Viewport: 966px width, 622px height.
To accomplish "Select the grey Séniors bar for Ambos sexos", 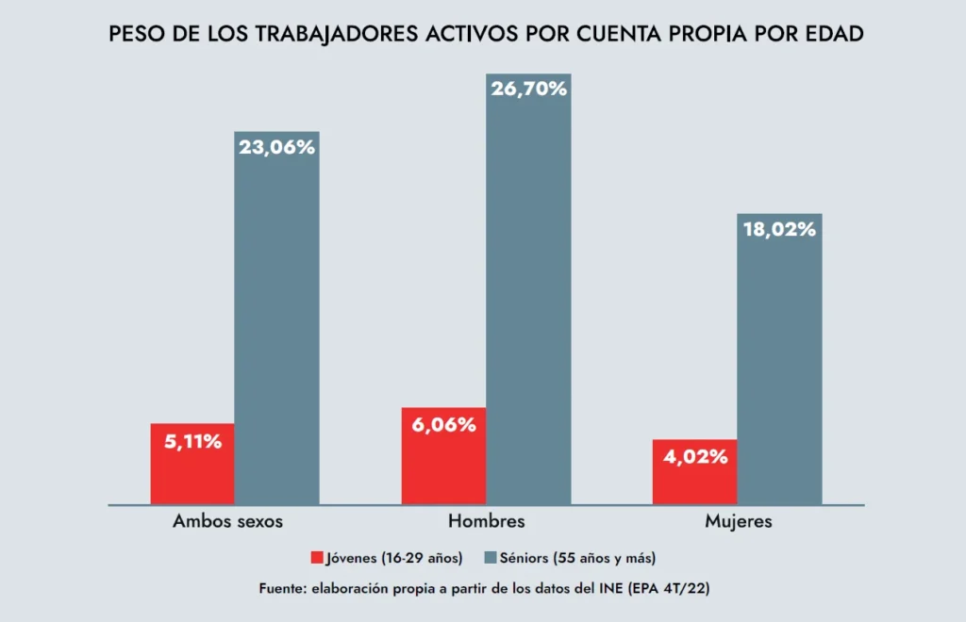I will coord(276,330).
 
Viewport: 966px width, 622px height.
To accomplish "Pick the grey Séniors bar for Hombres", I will coord(528,302).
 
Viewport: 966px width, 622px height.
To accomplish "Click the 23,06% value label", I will coord(276,147).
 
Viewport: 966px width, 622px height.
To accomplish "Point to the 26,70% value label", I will coord(528,90).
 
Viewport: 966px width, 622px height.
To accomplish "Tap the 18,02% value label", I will coord(779,229).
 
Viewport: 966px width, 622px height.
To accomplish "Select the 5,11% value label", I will coord(192,440).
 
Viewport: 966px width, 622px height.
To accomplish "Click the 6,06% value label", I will coord(443,424).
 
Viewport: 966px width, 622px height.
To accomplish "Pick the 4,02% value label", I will coord(694,457).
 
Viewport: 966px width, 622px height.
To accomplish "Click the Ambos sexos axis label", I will coord(227,521).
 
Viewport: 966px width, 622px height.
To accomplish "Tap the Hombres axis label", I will coord(486,521).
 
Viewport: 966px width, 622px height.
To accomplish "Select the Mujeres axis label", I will coord(739,521).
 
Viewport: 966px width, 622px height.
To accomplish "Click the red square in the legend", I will coord(316,558).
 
